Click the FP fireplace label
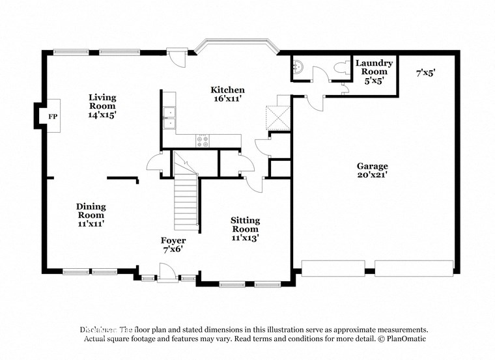click(53, 117)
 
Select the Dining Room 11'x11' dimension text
click(91, 223)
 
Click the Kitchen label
click(227, 90)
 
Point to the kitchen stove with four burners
click(203, 139)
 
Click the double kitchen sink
click(169, 117)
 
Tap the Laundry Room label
click(374, 68)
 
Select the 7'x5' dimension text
click(425, 74)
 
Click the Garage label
click(372, 166)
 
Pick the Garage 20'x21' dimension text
click(372, 174)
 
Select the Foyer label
click(174, 241)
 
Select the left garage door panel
click(333, 268)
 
